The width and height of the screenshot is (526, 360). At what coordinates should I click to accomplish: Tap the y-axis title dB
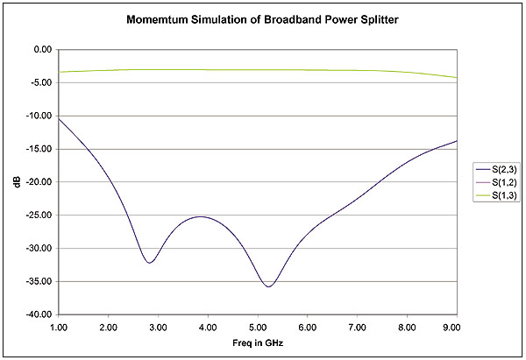pyautogui.click(x=17, y=182)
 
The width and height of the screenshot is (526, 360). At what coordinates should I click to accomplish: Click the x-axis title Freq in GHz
pyautogui.click(x=257, y=342)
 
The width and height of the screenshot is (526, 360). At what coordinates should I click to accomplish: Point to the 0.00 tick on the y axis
pyautogui.click(x=41, y=50)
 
